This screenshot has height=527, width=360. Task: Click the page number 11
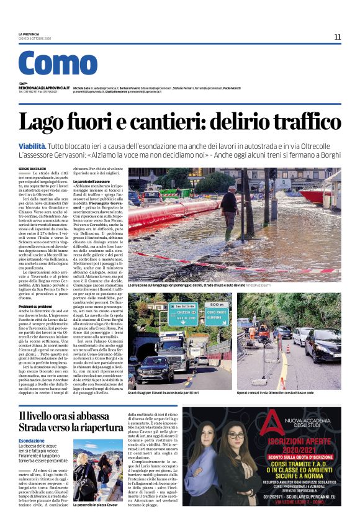point(337,37)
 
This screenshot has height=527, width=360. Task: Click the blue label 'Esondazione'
point(31,441)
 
